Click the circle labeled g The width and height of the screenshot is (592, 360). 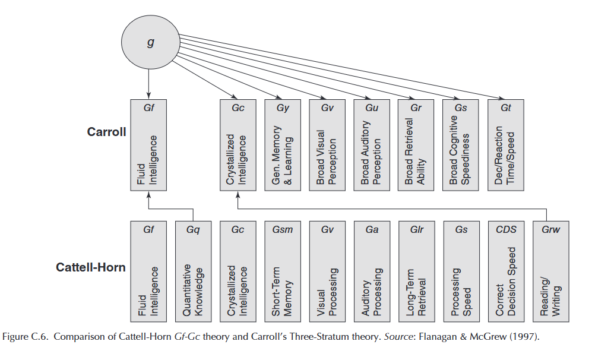pyautogui.click(x=151, y=42)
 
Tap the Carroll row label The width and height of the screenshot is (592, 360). pyautogui.click(x=106, y=132)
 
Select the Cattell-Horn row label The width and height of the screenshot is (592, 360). pyautogui.click(x=91, y=267)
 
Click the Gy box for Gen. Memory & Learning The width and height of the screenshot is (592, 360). pyautogui.click(x=283, y=145)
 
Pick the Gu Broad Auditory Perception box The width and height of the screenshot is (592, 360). pyautogui.click(x=372, y=145)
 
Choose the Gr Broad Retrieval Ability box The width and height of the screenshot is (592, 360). pyautogui.click(x=416, y=145)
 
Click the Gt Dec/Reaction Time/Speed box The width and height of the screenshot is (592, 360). pyautogui.click(x=505, y=145)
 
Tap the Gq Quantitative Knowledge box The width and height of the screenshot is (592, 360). pyautogui.click(x=194, y=271)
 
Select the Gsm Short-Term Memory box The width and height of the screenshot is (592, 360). pyautogui.click(x=283, y=271)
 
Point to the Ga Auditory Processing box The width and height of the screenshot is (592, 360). pyautogui.click(x=372, y=271)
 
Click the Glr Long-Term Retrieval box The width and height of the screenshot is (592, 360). pyautogui.click(x=417, y=271)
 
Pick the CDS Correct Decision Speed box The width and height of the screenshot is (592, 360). pyautogui.click(x=506, y=271)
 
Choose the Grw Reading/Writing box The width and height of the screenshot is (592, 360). pyautogui.click(x=551, y=271)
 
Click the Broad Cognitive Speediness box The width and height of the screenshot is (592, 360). pyautogui.click(x=460, y=145)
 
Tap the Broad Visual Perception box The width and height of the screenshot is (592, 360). pyautogui.click(x=327, y=145)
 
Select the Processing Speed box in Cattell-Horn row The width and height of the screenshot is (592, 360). pyautogui.click(x=461, y=271)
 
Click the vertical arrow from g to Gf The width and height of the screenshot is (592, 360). pyautogui.click(x=148, y=84)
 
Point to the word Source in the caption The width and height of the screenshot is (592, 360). pyautogui.click(x=398, y=337)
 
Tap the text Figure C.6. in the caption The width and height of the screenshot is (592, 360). pyautogui.click(x=26, y=337)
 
